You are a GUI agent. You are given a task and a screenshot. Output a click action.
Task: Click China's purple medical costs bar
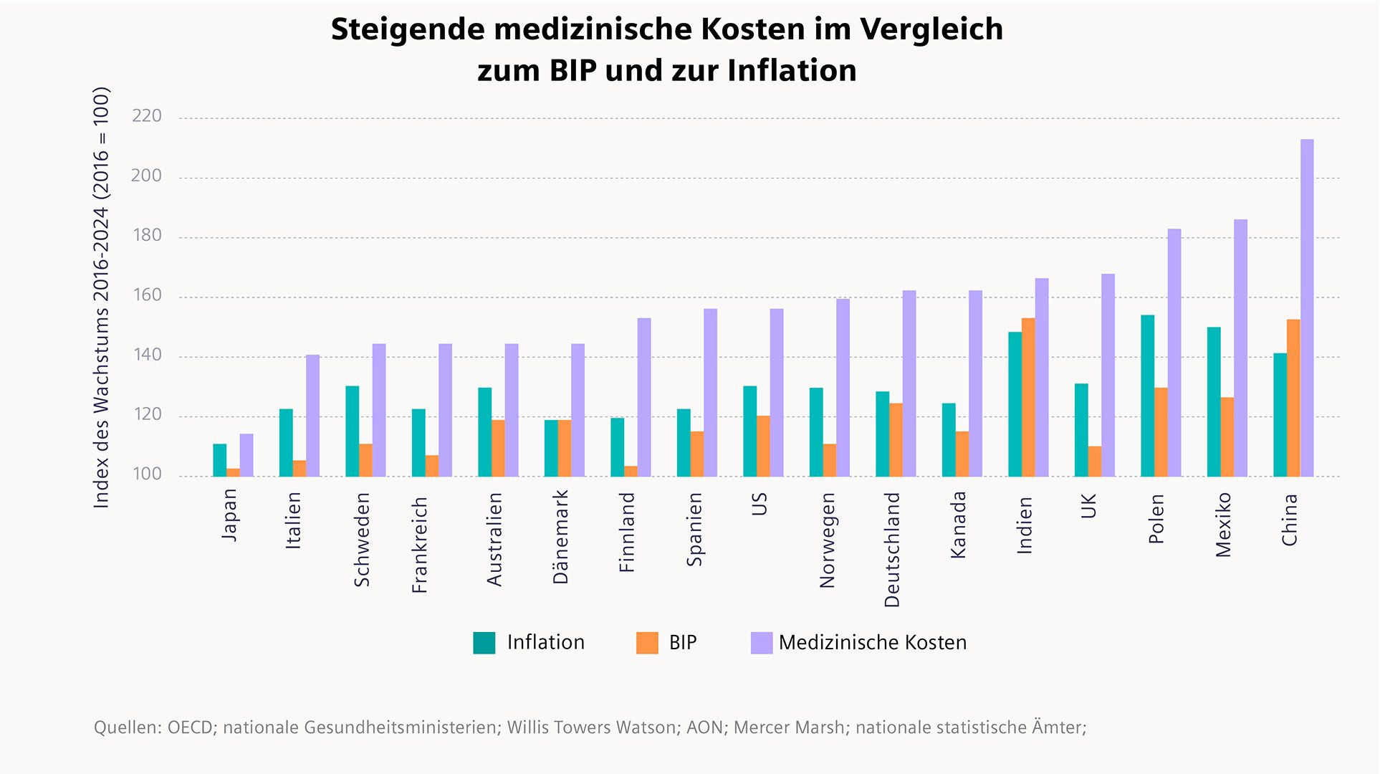[x=1307, y=308]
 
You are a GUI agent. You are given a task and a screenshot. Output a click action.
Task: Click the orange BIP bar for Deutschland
[x=896, y=440]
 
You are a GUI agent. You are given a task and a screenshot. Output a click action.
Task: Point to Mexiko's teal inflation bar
[x=1214, y=402]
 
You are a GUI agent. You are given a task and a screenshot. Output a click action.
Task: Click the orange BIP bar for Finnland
[x=631, y=472]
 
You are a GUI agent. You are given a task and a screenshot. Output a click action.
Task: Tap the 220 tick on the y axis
[x=147, y=116]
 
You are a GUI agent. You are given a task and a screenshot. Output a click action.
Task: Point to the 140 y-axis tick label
[x=147, y=355]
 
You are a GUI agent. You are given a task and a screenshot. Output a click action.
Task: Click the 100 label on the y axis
[x=147, y=474]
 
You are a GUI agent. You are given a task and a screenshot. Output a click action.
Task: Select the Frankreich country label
[x=420, y=545]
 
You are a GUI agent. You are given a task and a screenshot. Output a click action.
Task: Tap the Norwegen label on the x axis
[x=828, y=540]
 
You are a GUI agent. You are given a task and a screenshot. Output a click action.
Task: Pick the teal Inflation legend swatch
[x=484, y=643]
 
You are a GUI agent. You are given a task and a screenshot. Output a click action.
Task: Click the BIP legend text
[x=682, y=643]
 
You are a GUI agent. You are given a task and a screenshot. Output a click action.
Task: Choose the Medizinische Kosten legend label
[x=872, y=643]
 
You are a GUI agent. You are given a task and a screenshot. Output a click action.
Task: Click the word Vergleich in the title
[x=931, y=29]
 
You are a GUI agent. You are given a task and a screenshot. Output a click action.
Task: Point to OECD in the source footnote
[x=190, y=727]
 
